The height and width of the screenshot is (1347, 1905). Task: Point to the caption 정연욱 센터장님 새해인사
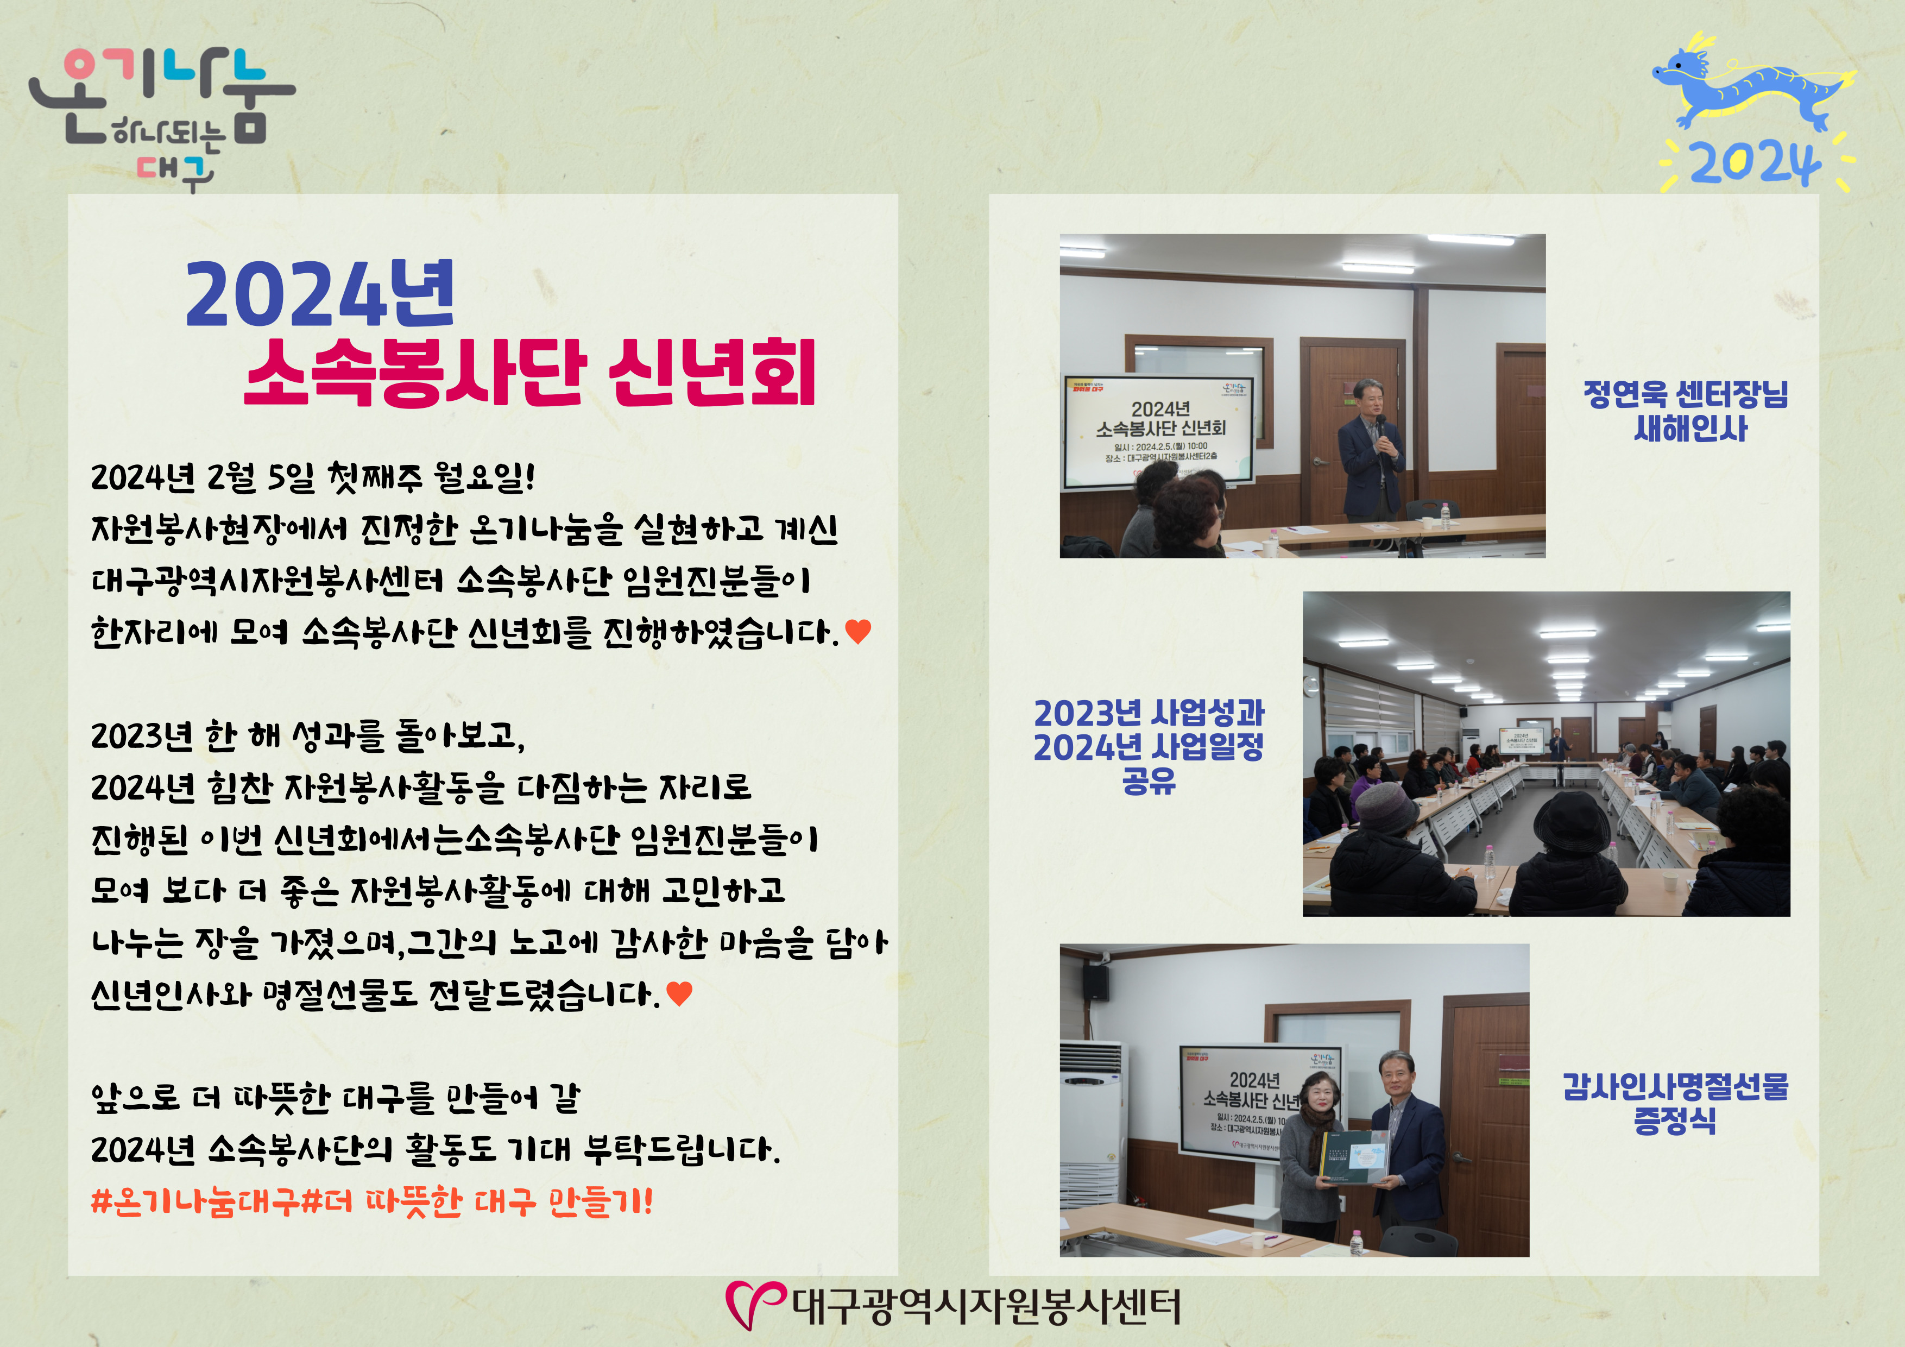[1686, 411]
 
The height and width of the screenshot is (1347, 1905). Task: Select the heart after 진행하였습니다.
[858, 632]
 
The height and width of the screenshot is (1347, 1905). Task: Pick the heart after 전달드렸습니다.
[679, 993]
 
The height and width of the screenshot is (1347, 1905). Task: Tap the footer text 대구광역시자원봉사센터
[986, 1306]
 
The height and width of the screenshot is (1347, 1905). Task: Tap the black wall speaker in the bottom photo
[1096, 982]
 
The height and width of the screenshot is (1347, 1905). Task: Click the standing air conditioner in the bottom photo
[1093, 1124]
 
